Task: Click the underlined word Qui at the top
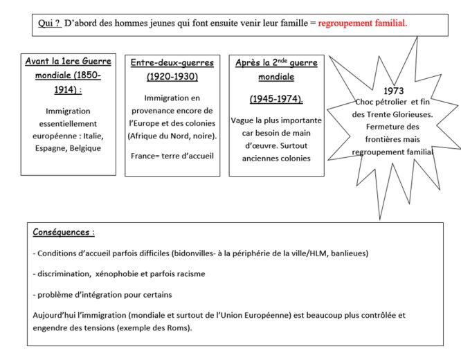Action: (x=47, y=23)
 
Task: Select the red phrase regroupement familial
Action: (x=363, y=23)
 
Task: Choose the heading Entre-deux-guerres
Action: (x=172, y=62)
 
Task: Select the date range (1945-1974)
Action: (x=275, y=98)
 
